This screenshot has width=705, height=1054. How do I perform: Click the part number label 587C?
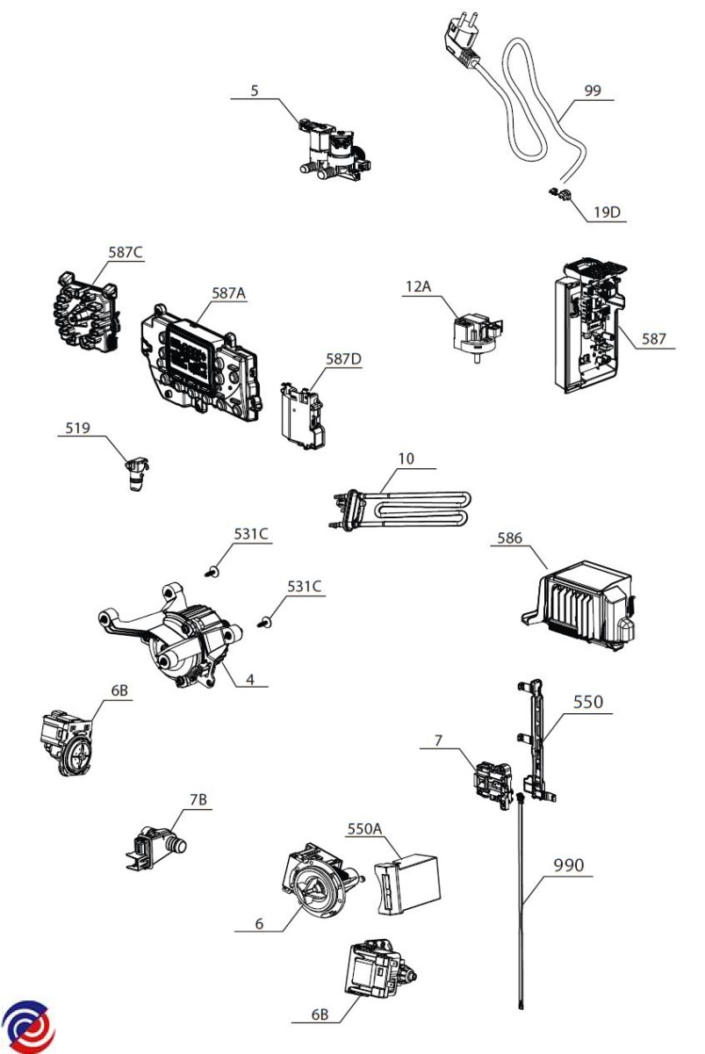pos(125,252)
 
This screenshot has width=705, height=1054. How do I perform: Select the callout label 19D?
pos(607,213)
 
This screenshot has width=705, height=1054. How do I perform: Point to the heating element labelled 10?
pos(400,510)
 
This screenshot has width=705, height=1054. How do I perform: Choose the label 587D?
pos(344,359)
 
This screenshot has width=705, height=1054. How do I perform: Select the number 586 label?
pos(510,538)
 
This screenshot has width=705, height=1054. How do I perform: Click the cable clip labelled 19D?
pos(559,193)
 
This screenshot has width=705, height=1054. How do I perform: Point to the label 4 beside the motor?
pos(250,680)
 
